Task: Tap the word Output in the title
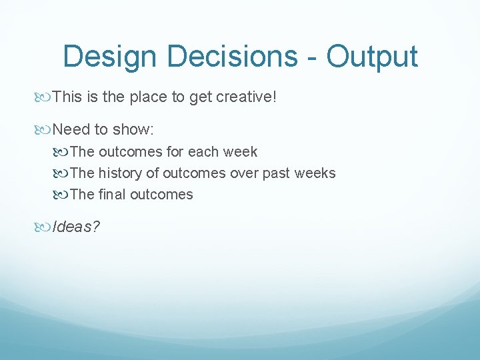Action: click(x=372, y=57)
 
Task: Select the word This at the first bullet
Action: click(x=67, y=97)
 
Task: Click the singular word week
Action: click(x=240, y=152)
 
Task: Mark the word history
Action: click(x=120, y=173)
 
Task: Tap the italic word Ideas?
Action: click(x=76, y=227)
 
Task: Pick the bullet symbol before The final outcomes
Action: click(x=62, y=195)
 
